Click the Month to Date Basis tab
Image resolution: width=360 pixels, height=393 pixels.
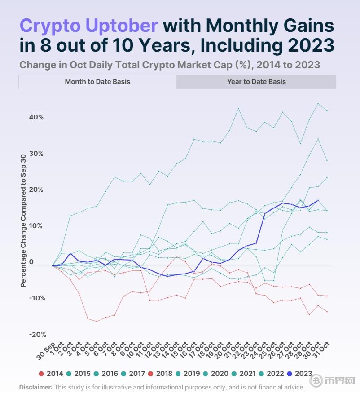coord(97,82)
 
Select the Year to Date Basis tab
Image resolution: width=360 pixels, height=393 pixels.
coord(256,82)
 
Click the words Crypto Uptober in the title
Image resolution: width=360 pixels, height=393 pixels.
coord(88,26)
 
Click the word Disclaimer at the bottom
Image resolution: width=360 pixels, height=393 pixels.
coord(35,387)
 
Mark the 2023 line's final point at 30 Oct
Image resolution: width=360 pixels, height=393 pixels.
coord(318,200)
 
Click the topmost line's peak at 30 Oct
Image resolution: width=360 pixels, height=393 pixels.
coord(318,104)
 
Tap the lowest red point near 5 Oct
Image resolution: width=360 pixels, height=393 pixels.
coord(97,321)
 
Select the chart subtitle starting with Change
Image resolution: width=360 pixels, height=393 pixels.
coord(169,65)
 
